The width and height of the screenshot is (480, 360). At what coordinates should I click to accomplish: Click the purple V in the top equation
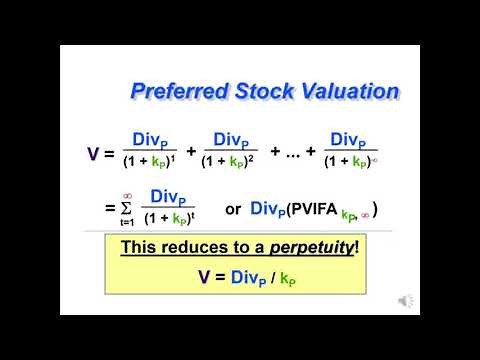click(94, 153)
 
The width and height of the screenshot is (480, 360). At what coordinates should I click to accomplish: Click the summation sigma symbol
click(127, 209)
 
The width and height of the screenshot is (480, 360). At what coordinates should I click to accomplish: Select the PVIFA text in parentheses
click(316, 210)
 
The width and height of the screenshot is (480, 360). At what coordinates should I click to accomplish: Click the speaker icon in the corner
click(405, 300)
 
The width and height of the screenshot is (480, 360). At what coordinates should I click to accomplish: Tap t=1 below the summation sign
click(127, 224)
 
